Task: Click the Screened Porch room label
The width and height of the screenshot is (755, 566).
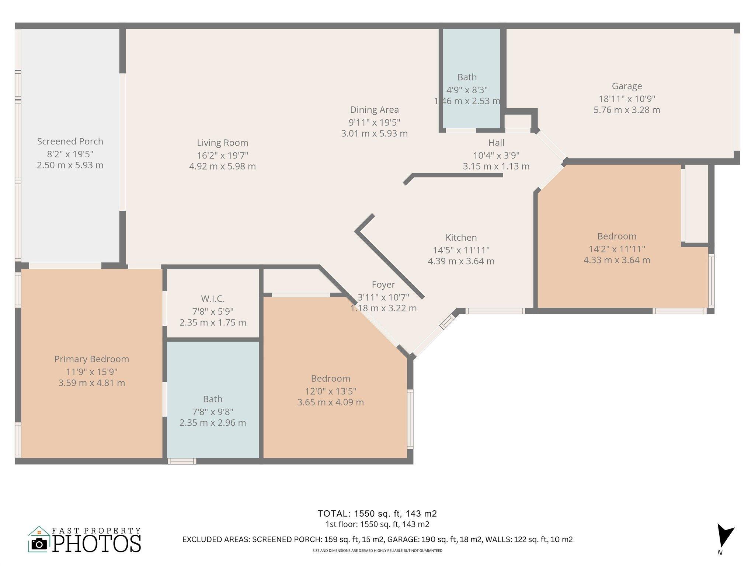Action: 70,141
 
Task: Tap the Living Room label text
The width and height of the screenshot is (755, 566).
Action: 222,143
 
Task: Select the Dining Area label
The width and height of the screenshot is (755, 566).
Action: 374,110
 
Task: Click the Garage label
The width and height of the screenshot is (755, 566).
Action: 627,86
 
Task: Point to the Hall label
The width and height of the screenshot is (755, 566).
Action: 496,143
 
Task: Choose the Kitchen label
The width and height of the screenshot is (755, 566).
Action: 461,238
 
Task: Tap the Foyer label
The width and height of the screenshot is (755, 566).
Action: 383,285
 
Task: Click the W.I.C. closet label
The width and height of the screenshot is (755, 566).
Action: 213,299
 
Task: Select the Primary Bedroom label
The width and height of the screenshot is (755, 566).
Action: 92,359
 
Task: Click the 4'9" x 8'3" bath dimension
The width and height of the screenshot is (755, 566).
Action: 467,90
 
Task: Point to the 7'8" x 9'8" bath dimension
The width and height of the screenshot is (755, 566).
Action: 213,412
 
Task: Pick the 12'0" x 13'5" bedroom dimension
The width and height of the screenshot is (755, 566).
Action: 331,391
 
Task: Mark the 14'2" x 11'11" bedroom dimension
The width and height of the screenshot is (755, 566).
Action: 617,249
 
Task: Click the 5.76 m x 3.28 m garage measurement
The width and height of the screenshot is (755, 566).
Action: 627,110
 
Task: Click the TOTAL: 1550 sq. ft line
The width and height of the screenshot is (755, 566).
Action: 377,514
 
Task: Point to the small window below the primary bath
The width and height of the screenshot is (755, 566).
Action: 182,461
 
